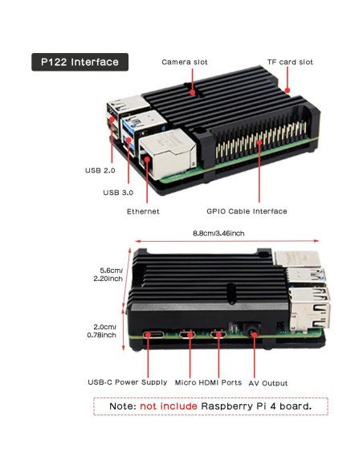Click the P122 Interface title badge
click(80, 62)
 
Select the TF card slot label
click(290, 62)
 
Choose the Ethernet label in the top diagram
click(143, 211)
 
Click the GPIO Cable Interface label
click(247, 211)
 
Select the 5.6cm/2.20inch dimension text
click(109, 274)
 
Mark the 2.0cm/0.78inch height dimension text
click(109, 330)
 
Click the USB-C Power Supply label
click(128, 381)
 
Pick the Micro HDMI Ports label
click(209, 381)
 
